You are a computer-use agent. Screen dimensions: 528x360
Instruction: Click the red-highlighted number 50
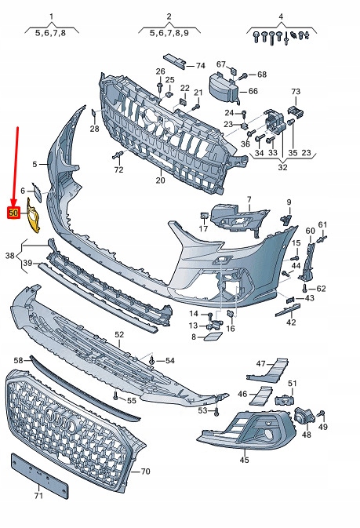(x=13, y=212)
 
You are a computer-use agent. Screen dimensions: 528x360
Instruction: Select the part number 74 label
(x=200, y=65)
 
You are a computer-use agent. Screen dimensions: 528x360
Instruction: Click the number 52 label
(x=119, y=334)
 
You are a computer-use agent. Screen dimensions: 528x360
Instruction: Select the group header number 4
(x=281, y=16)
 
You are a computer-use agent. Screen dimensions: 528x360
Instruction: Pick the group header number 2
(x=169, y=16)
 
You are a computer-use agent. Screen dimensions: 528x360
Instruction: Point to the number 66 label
(x=253, y=91)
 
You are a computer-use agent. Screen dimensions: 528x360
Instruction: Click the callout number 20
(x=160, y=180)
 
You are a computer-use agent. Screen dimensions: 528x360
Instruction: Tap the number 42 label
(x=290, y=322)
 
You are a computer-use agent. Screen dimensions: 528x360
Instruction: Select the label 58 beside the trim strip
(x=17, y=359)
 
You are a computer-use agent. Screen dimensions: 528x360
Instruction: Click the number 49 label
(x=323, y=427)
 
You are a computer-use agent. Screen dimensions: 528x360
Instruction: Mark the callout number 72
(x=118, y=169)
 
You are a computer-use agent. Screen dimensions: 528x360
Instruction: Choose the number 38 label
(x=9, y=256)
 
